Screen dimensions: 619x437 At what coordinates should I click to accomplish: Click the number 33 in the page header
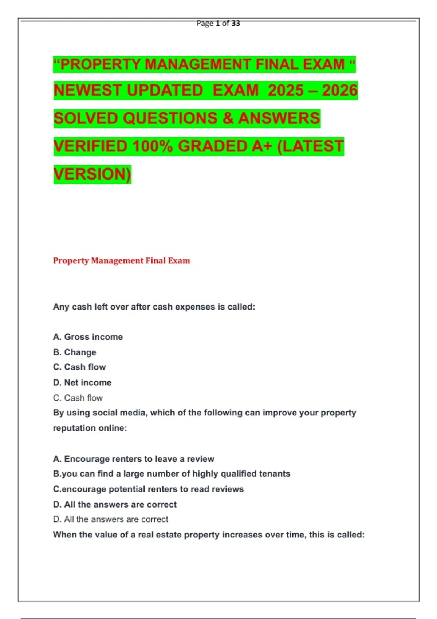click(x=236, y=24)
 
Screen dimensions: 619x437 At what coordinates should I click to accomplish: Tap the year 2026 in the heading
click(x=339, y=91)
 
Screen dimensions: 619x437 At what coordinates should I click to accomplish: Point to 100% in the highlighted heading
click(x=152, y=146)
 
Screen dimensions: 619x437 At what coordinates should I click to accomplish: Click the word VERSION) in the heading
click(x=92, y=174)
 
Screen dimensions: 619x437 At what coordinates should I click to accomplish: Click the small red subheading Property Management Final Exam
click(x=121, y=261)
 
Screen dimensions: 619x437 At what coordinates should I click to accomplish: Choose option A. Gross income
click(x=88, y=337)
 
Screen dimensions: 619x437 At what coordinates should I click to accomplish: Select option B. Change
click(x=75, y=352)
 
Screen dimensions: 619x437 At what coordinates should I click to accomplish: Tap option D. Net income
click(x=82, y=382)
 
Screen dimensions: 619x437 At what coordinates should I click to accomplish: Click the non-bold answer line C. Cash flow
click(x=78, y=398)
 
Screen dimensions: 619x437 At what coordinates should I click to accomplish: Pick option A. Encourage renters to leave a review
click(x=134, y=459)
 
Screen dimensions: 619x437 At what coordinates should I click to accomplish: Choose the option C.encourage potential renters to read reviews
click(x=148, y=489)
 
